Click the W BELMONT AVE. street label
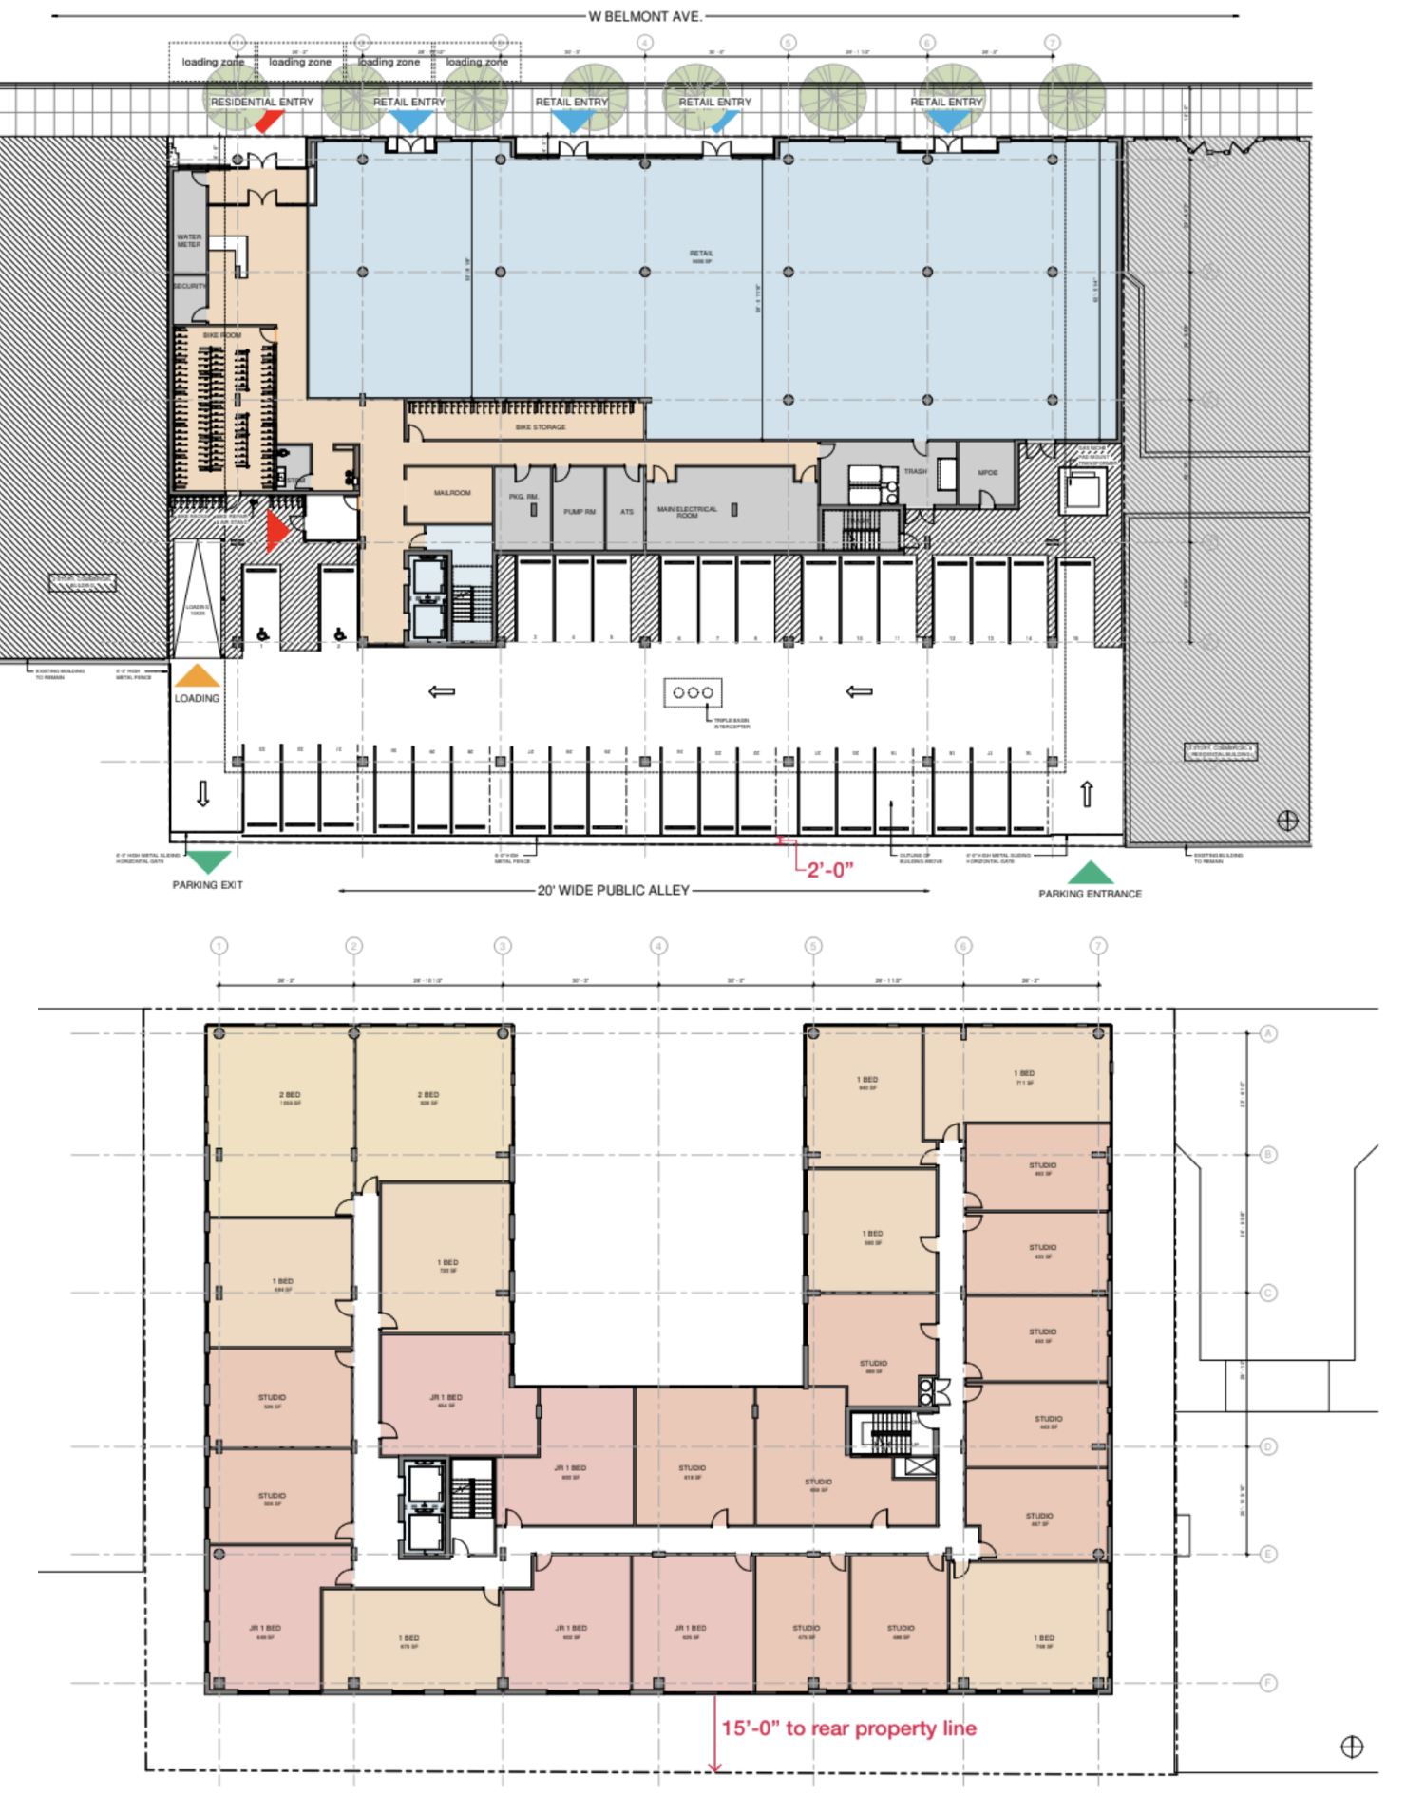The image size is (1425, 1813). coord(645,16)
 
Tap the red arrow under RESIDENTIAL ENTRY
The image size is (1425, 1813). coord(269,122)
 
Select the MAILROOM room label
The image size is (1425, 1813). coord(452,493)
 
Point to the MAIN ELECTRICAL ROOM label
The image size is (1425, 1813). coord(687,512)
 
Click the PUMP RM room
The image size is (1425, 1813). coord(579,512)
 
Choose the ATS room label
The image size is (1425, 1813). coord(627,512)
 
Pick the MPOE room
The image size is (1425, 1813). coord(988,473)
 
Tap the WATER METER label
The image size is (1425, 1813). coord(189,240)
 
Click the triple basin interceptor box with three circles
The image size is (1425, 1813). coord(693,692)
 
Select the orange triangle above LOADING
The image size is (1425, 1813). coord(197,675)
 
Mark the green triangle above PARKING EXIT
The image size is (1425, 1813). coord(207,860)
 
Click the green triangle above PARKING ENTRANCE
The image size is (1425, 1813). coord(1091,873)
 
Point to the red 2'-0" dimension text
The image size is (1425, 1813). coord(829,869)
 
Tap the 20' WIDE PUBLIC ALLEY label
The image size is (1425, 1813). coord(613,890)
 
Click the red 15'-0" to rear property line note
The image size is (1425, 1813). coord(848,1728)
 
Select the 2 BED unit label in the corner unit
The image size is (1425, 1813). coord(290,1095)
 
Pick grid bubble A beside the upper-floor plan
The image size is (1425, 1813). coord(1268,1033)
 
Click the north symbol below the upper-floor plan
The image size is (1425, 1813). coord(1351,1746)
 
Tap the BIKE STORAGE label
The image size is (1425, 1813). coord(541,427)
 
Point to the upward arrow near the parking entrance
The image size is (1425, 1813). coord(1087,794)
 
